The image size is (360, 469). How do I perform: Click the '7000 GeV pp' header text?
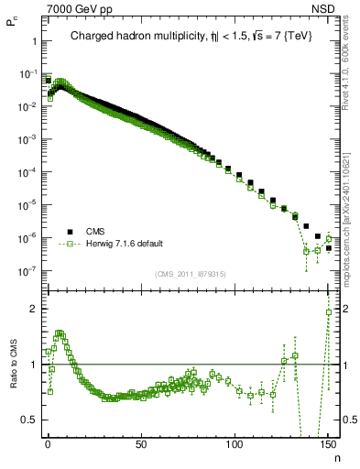click(x=80, y=9)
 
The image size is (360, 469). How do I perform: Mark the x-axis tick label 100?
click(x=235, y=442)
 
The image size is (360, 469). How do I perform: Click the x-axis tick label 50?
click(x=141, y=442)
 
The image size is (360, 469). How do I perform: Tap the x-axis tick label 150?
click(x=328, y=442)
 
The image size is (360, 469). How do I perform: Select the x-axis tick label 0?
click(x=48, y=442)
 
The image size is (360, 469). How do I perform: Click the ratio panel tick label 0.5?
click(x=28, y=420)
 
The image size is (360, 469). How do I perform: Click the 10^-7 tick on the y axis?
click(x=25, y=271)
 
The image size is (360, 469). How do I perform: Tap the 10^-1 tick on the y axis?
click(x=25, y=74)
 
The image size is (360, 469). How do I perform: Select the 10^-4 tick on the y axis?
click(x=25, y=172)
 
